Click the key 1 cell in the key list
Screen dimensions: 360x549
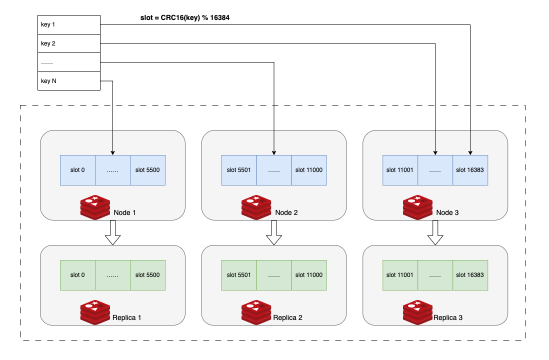69,24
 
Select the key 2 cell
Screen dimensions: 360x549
69,43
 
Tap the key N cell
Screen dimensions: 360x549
69,81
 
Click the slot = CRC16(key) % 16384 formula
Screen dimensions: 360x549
185,17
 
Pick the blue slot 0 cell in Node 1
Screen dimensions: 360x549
77,170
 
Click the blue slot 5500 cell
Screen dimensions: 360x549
147,170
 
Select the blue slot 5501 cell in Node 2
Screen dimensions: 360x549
238,170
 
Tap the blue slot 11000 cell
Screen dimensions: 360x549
309,170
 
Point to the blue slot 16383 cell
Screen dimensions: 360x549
470,170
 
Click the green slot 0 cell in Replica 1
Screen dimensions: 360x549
77,275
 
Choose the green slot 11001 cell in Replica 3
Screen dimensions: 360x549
400,275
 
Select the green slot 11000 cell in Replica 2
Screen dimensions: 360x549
309,275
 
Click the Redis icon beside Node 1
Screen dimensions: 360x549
95,207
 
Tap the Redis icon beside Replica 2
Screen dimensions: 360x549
256,312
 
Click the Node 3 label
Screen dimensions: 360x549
447,213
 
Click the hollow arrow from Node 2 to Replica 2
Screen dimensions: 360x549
274,232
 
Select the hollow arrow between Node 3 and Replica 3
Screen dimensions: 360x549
435,232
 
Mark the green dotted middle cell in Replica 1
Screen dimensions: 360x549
112,275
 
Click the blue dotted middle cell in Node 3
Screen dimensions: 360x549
435,170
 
